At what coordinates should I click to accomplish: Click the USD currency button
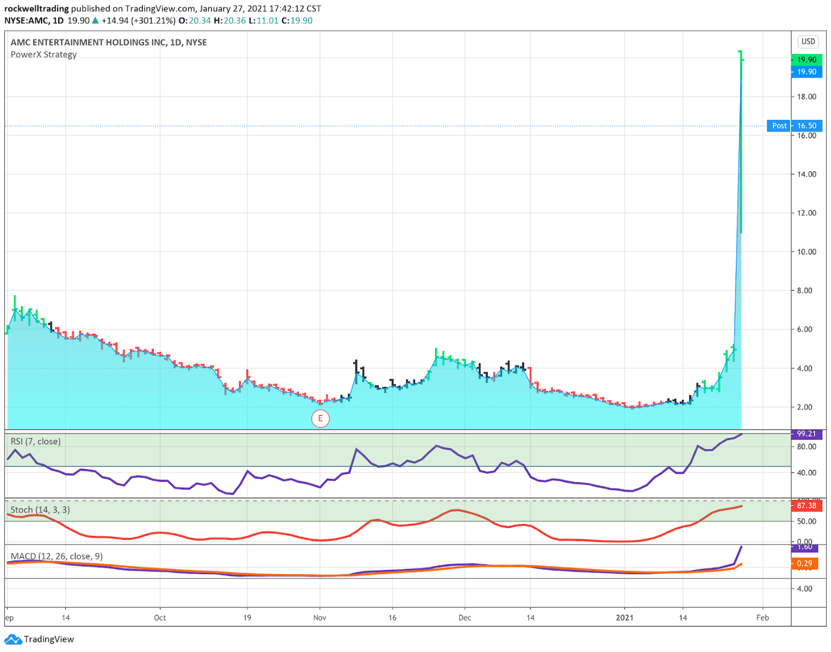coord(808,42)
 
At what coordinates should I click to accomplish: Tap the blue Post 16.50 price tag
coord(794,126)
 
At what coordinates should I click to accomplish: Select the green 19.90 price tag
coord(807,59)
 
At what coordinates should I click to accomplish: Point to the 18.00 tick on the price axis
coord(807,97)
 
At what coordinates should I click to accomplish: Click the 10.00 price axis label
coord(807,252)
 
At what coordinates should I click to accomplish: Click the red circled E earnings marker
coord(320,418)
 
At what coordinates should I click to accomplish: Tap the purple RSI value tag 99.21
coord(807,434)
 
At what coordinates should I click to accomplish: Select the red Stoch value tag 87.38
coord(807,505)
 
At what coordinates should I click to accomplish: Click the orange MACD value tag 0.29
coord(805,563)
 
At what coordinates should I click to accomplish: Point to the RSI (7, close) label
coord(36,441)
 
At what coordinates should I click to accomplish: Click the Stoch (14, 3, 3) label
coord(40,510)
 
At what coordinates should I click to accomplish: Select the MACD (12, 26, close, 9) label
coord(56,556)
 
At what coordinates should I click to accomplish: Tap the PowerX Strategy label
coord(43,55)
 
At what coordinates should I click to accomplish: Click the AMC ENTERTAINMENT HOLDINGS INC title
coord(88,42)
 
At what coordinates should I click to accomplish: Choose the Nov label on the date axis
coord(320,618)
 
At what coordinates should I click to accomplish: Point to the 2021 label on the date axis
coord(624,618)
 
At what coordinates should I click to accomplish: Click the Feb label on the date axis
coord(763,618)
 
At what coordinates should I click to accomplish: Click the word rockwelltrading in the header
coord(36,9)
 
